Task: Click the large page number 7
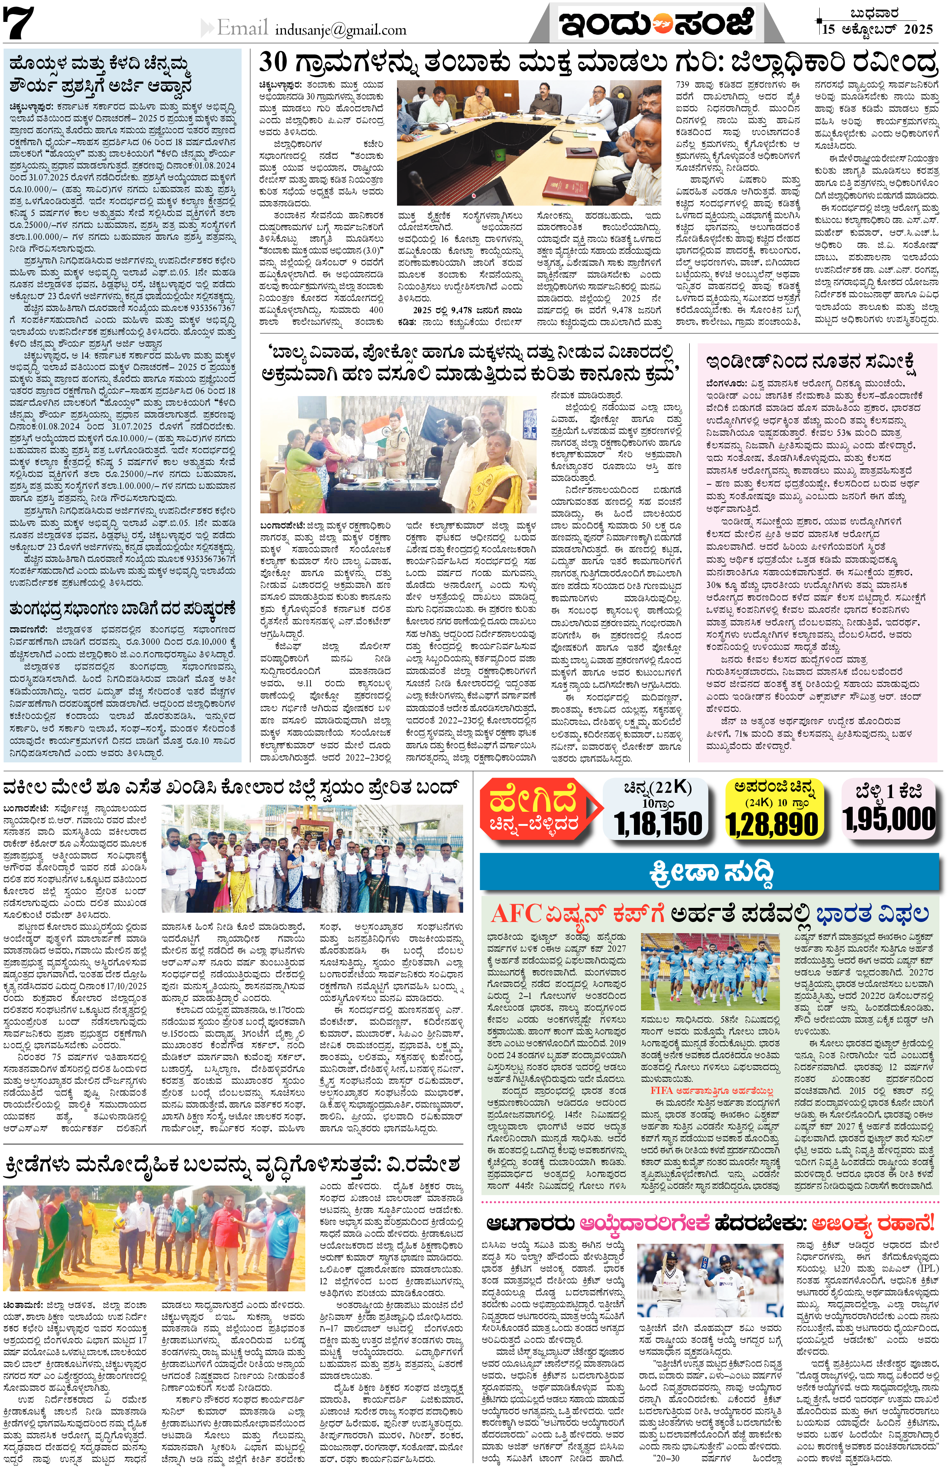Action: pos(19,23)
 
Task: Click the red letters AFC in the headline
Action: pos(517,914)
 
